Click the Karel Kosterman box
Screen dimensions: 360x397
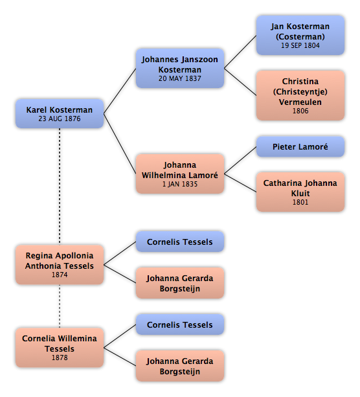click(x=60, y=113)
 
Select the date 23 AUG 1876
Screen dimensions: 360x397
click(x=60, y=119)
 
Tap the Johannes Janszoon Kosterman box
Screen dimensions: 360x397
click(x=180, y=69)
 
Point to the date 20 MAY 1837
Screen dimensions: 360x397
click(x=180, y=79)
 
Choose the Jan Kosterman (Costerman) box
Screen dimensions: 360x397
click(x=300, y=35)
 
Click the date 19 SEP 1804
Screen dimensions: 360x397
click(x=300, y=45)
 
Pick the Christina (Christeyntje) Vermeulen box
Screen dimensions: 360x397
click(x=300, y=95)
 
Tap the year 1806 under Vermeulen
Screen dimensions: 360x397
click(x=300, y=111)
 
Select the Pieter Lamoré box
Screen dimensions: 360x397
click(x=300, y=147)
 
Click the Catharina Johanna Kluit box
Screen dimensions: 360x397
click(x=300, y=192)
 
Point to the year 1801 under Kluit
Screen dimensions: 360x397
click(x=300, y=202)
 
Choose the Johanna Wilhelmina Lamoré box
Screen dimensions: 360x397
click(x=180, y=174)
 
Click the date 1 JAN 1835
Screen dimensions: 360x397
click(x=180, y=184)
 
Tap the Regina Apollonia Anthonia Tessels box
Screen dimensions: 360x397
click(x=60, y=265)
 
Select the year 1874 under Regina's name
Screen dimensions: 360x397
click(x=60, y=275)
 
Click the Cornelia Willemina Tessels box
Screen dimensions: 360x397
click(x=60, y=347)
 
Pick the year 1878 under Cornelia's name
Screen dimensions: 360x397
click(x=60, y=357)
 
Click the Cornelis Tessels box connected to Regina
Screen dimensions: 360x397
click(x=180, y=242)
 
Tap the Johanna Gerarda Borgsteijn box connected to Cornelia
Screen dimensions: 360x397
click(x=180, y=366)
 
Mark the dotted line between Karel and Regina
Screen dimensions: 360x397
click(x=60, y=187)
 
